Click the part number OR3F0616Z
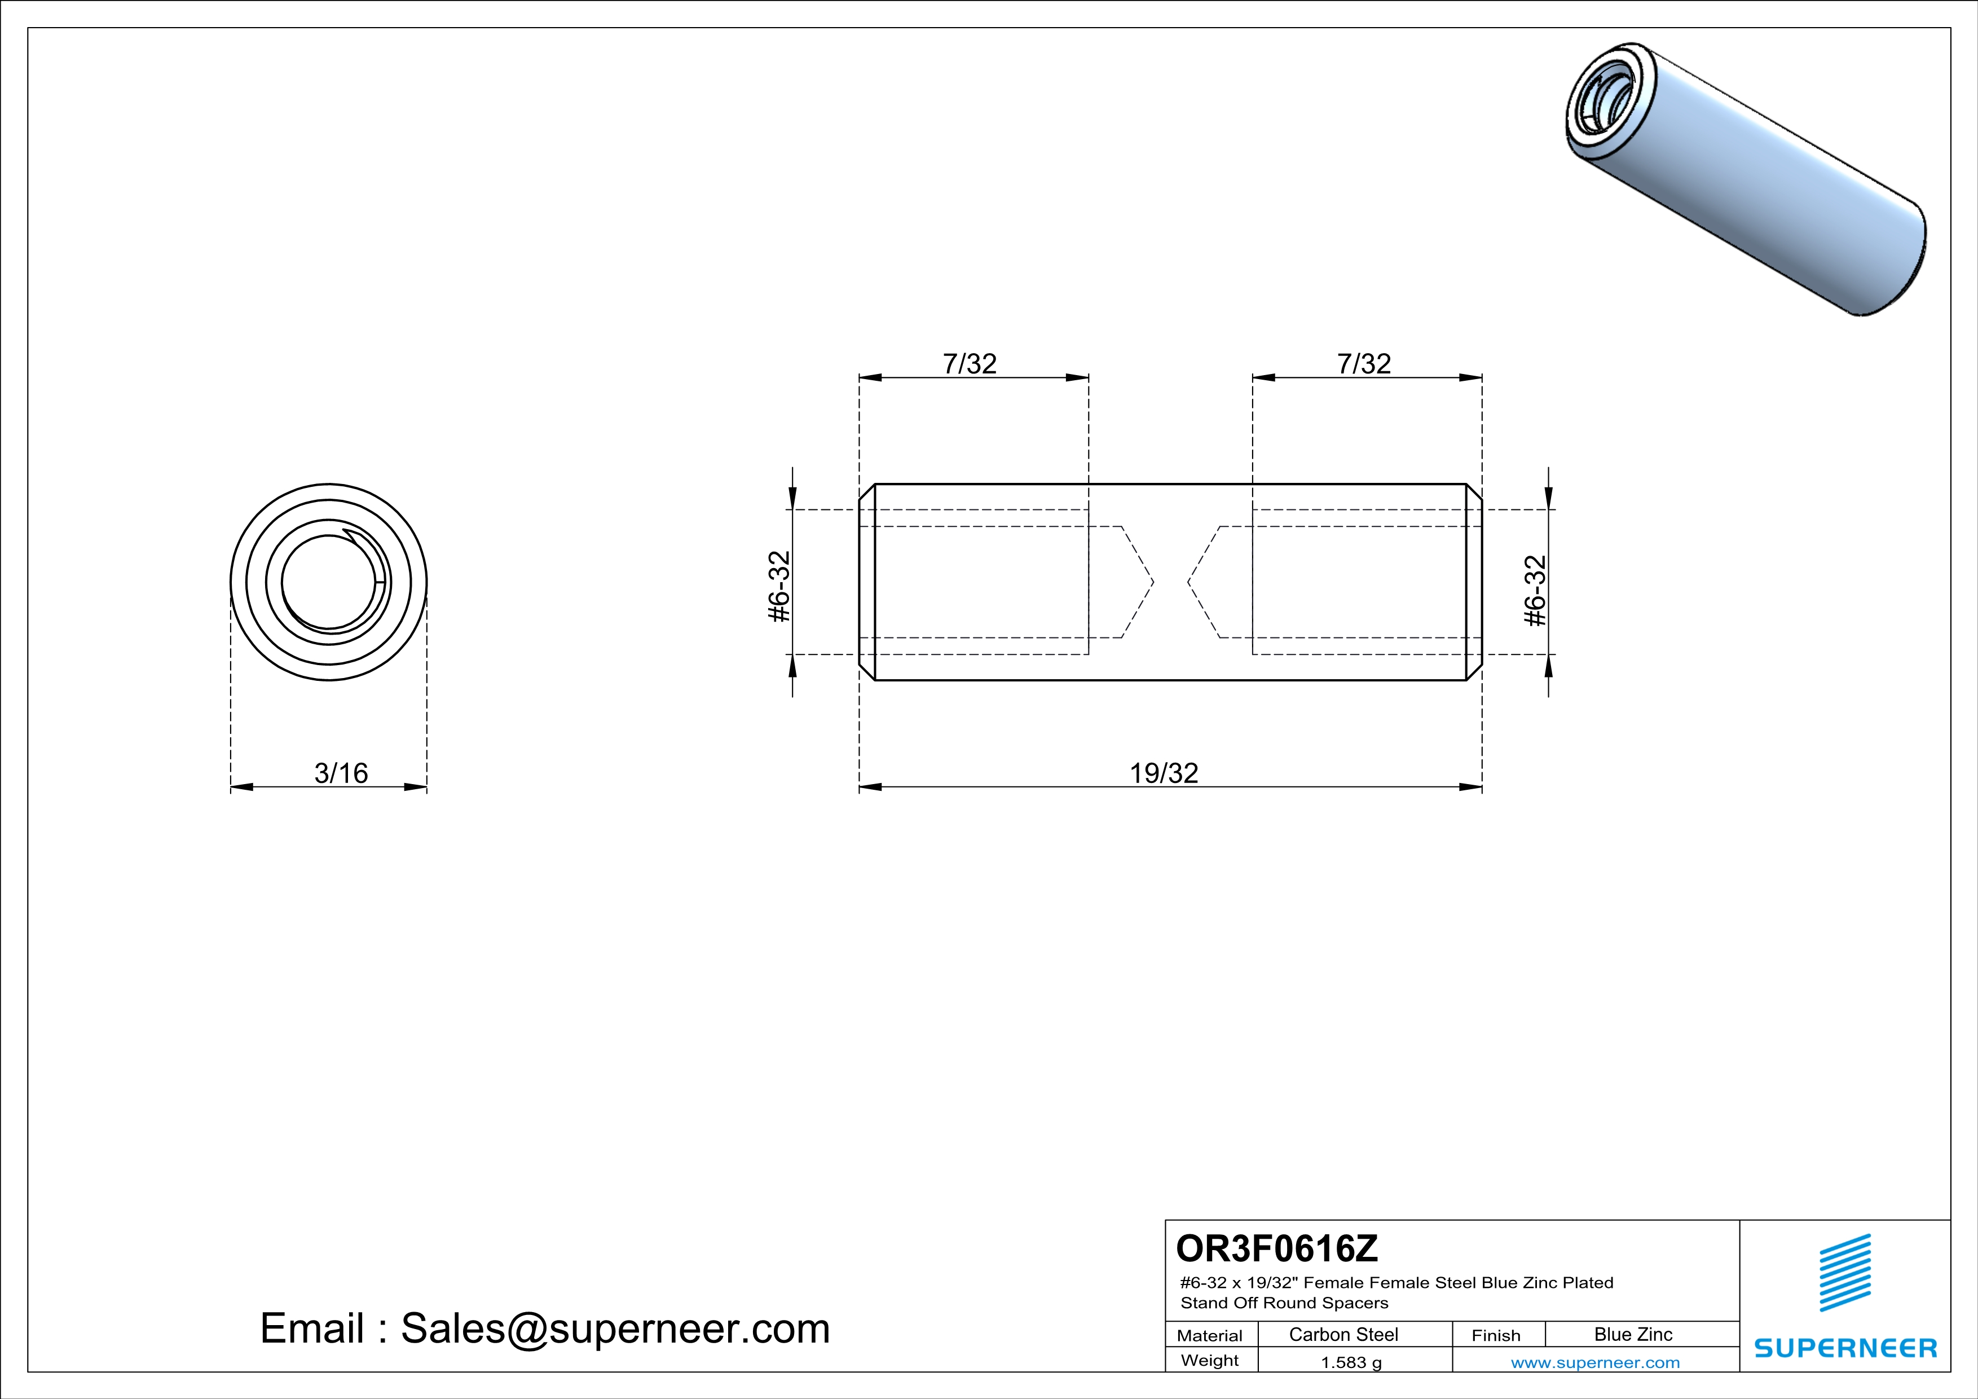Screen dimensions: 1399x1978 [x=1277, y=1247]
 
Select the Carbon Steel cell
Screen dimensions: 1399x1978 [x=1343, y=1334]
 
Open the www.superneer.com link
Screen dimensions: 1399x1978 [x=1594, y=1362]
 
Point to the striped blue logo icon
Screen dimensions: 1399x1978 [x=1844, y=1272]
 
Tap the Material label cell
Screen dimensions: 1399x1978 [x=1210, y=1335]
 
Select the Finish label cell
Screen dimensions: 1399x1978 [x=1496, y=1335]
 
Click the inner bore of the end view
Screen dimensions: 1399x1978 [x=328, y=582]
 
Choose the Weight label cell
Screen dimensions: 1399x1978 [x=1210, y=1360]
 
